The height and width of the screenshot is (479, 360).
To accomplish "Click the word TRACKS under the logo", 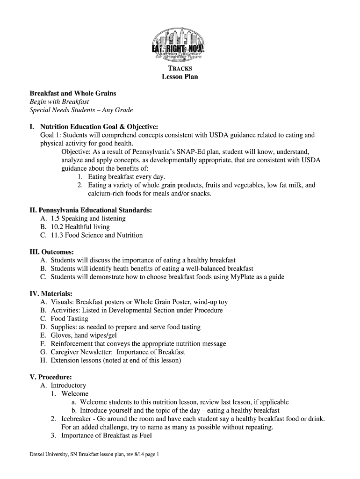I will coord(180,68).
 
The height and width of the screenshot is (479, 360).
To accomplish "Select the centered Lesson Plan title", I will coord(180,77).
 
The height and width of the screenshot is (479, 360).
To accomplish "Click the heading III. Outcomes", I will coord(52,252).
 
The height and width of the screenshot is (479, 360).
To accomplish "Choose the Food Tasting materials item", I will coord(69,319).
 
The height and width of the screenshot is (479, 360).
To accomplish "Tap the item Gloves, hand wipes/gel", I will coord(84,335).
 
